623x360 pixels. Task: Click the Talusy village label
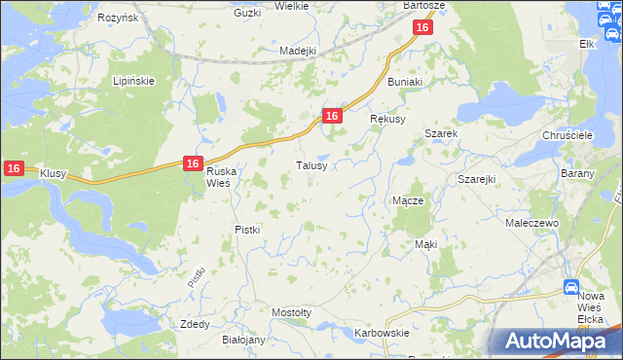pyautogui.click(x=317, y=165)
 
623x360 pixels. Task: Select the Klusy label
pyautogui.click(x=53, y=173)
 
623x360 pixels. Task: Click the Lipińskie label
pyautogui.click(x=133, y=81)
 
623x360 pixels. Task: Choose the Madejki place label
pyautogui.click(x=299, y=51)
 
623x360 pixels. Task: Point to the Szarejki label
pyautogui.click(x=477, y=180)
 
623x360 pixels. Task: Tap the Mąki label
pyautogui.click(x=425, y=244)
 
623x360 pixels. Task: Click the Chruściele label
pyautogui.click(x=568, y=135)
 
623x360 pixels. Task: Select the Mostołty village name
pyautogui.click(x=292, y=312)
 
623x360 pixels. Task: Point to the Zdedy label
pyautogui.click(x=195, y=324)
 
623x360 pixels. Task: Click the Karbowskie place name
pyautogui.click(x=382, y=333)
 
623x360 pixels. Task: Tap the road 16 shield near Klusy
pyautogui.click(x=13, y=168)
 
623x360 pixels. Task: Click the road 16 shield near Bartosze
pyautogui.click(x=421, y=29)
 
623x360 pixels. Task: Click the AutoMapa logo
pyautogui.click(x=554, y=341)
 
